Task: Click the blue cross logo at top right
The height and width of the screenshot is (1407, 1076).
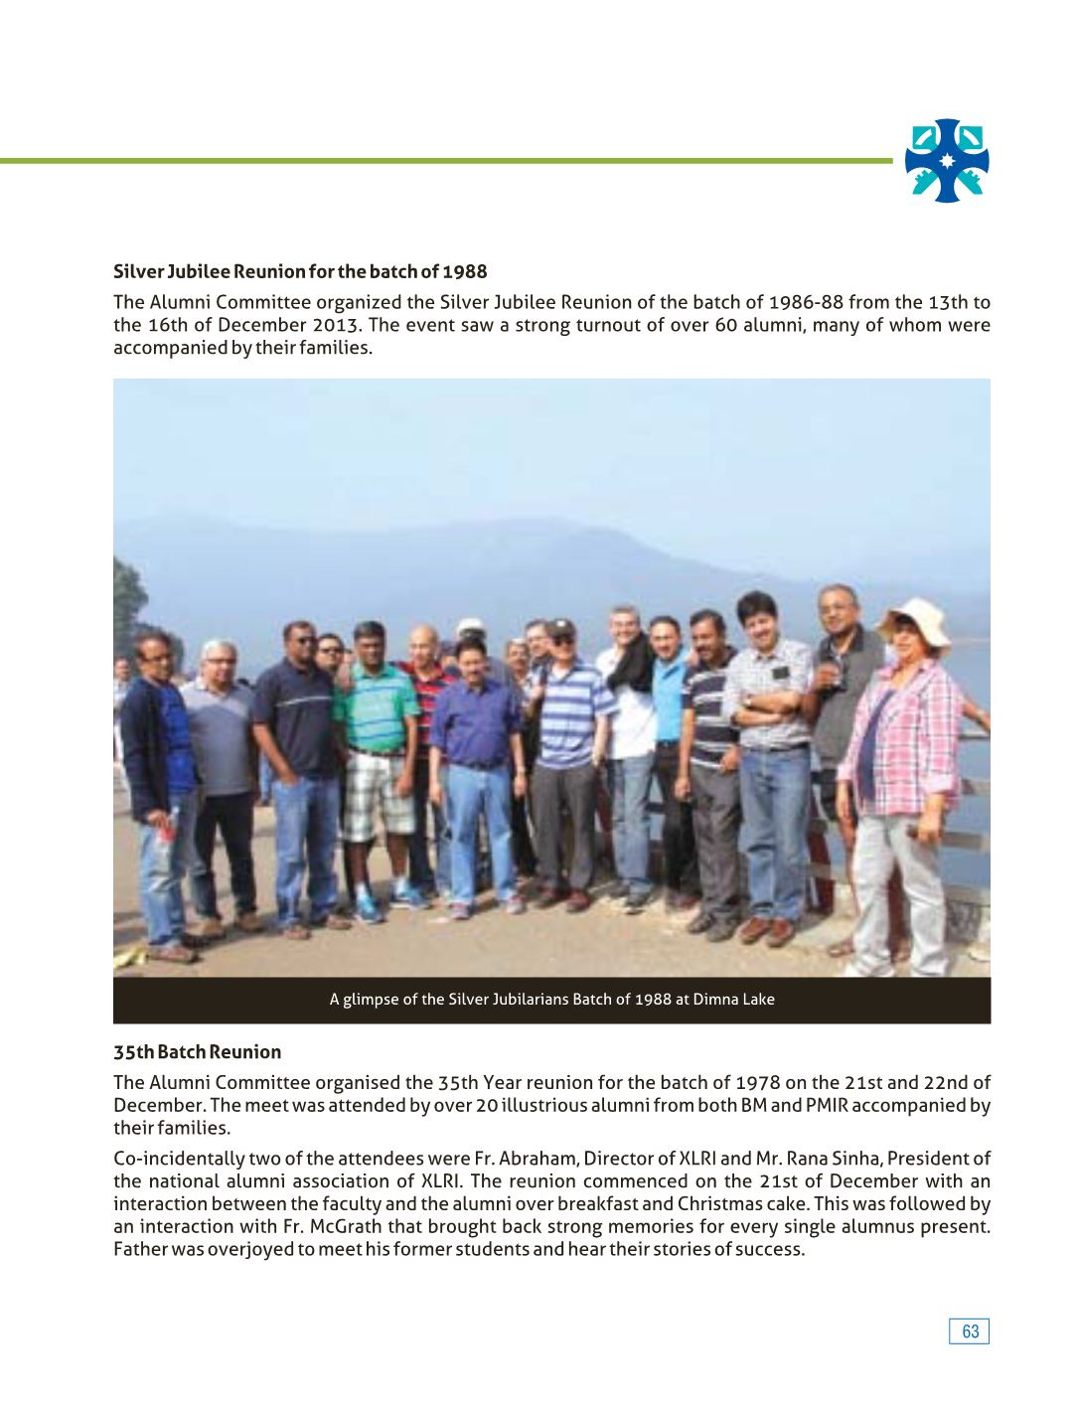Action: pyautogui.click(x=946, y=161)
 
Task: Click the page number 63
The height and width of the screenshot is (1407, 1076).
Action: pyautogui.click(x=970, y=1331)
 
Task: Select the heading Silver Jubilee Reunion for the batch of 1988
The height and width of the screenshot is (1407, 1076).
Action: pyautogui.click(x=300, y=271)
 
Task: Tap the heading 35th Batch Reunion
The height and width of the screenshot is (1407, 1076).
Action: pyautogui.click(x=197, y=1051)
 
